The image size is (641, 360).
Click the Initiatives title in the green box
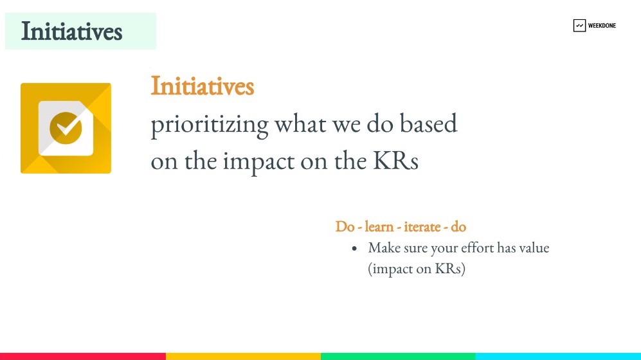pyautogui.click(x=71, y=32)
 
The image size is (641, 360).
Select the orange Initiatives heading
pyautogui.click(x=203, y=85)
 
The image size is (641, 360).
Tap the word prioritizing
pyautogui.click(x=210, y=125)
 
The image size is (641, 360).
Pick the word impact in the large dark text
pyautogui.click(x=258, y=162)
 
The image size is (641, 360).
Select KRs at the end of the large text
pyautogui.click(x=395, y=161)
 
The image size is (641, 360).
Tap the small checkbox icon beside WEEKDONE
pyautogui.click(x=579, y=25)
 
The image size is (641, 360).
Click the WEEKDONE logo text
pyautogui.click(x=602, y=25)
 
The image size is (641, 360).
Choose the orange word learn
pyautogui.click(x=379, y=226)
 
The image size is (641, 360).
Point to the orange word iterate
pyautogui.click(x=422, y=226)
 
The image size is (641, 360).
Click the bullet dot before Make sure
pyautogui.click(x=354, y=248)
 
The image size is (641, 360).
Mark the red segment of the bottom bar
pyautogui.click(x=83, y=356)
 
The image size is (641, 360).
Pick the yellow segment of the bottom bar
pyautogui.click(x=243, y=356)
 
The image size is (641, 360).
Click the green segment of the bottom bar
pyautogui.click(x=398, y=356)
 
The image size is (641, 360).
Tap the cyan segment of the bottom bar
pyautogui.click(x=558, y=356)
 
